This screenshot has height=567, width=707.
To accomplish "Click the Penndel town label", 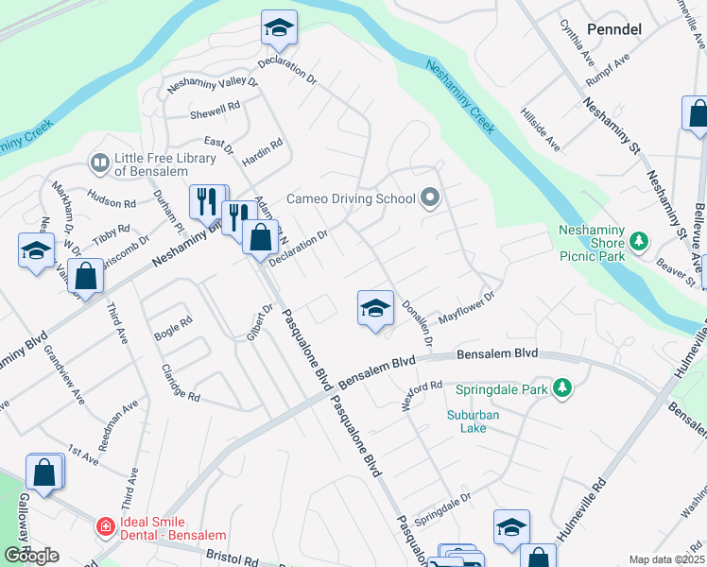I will [x=614, y=29].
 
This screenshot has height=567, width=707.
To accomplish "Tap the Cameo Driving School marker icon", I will [x=431, y=198].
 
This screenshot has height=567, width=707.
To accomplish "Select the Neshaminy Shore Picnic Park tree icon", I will [x=640, y=243].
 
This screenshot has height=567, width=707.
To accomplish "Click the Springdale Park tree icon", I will [x=562, y=388].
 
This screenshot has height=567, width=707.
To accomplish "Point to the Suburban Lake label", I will [x=474, y=421].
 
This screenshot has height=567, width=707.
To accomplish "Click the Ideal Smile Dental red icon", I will [x=106, y=524].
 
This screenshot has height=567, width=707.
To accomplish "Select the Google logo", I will [x=31, y=556].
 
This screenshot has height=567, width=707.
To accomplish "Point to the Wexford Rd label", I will [x=422, y=392].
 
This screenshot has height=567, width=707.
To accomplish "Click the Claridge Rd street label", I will [x=180, y=383].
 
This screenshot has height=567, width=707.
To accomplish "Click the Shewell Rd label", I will [x=215, y=109].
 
